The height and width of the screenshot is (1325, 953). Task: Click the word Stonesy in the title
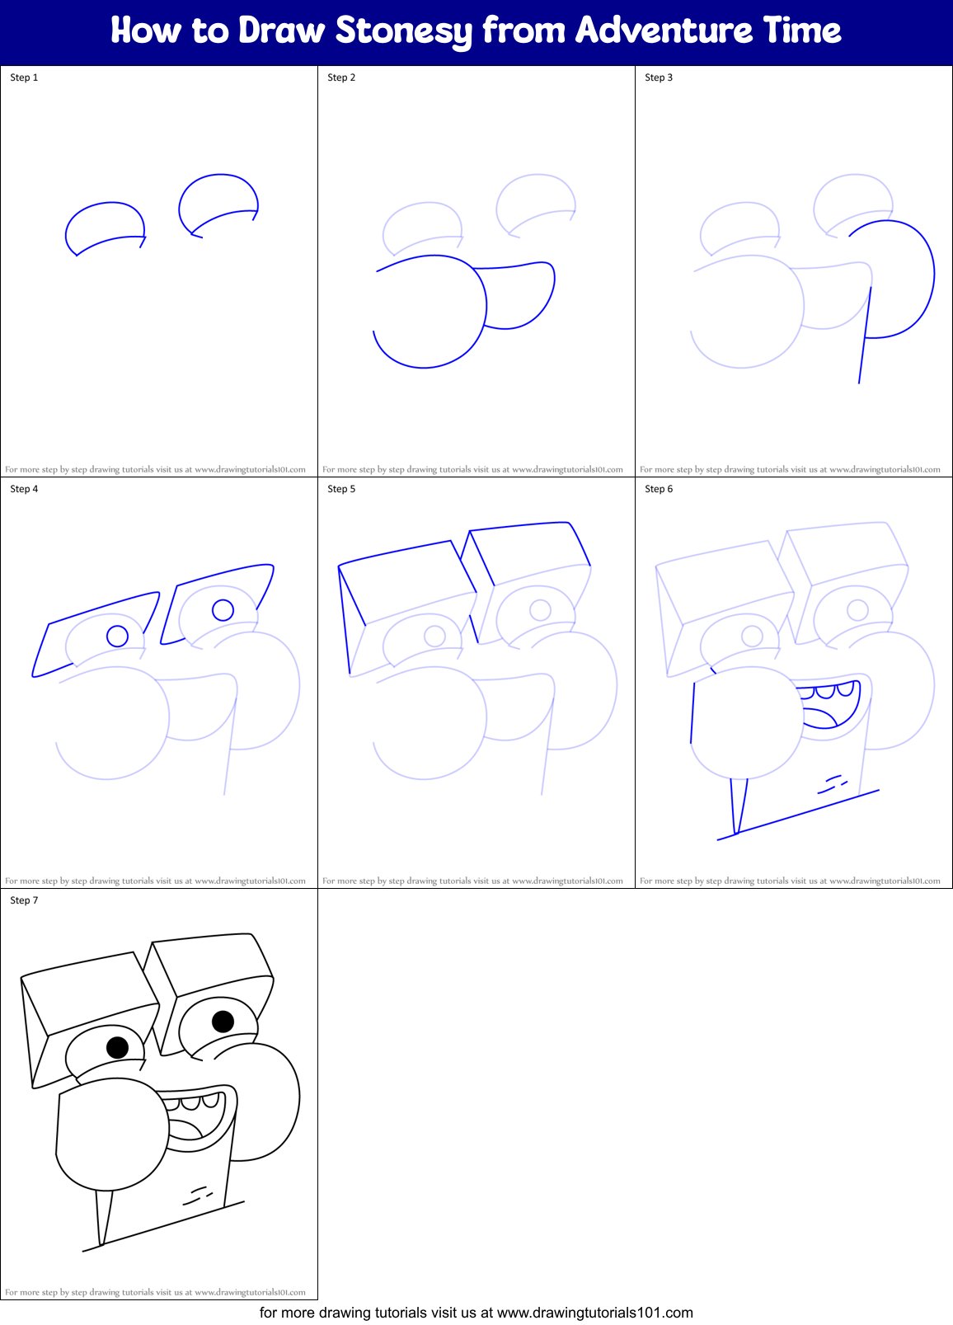pyautogui.click(x=403, y=31)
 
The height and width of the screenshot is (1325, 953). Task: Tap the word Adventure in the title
pyautogui.click(x=664, y=31)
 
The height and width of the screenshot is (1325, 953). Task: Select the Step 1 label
pyautogui.click(x=24, y=78)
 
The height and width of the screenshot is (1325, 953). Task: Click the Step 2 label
pyautogui.click(x=341, y=78)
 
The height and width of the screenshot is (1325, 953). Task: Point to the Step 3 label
pyautogui.click(x=659, y=78)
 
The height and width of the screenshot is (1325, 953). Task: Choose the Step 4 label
pyautogui.click(x=24, y=489)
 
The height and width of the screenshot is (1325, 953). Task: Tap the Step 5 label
pyautogui.click(x=341, y=489)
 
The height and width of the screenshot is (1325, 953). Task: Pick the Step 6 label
pyautogui.click(x=659, y=489)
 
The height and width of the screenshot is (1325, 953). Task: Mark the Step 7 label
pyautogui.click(x=24, y=900)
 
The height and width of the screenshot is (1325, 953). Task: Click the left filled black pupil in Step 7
pyautogui.click(x=118, y=1047)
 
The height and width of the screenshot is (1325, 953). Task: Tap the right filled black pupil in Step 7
pyautogui.click(x=223, y=1022)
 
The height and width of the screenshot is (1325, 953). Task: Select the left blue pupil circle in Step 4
pyautogui.click(x=118, y=636)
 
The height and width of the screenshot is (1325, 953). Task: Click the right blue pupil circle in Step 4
pyautogui.click(x=223, y=610)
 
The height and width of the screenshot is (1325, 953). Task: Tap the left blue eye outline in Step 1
pyautogui.click(x=106, y=226)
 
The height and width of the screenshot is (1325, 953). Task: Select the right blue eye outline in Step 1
pyautogui.click(x=218, y=202)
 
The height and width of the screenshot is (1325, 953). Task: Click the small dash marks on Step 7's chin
pyautogui.click(x=197, y=1195)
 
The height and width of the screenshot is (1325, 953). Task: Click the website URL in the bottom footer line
pyautogui.click(x=594, y=1313)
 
